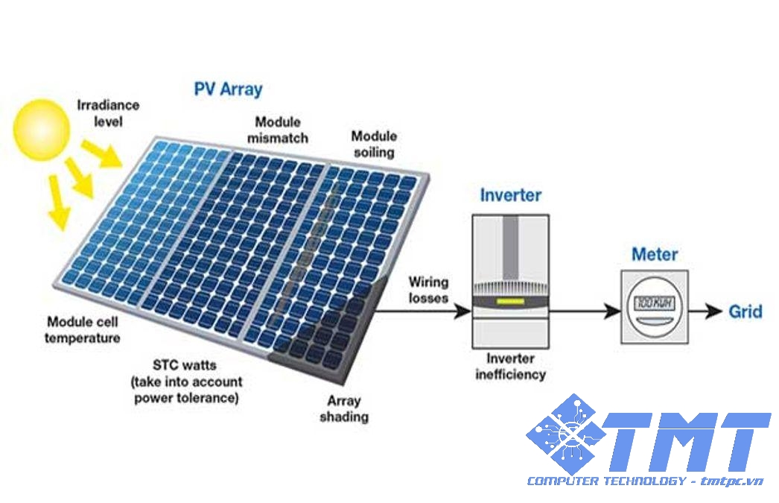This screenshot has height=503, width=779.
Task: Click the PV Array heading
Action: pos(228,89)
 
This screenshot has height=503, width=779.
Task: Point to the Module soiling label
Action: pos(374,144)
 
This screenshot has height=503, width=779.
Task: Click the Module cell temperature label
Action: pos(83,330)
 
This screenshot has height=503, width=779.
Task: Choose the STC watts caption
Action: pos(186,382)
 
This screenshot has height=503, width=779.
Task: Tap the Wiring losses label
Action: pos(428,290)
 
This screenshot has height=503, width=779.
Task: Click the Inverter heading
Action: pos(510,196)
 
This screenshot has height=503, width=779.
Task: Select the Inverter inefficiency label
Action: pos(510,366)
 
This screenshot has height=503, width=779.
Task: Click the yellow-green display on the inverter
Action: pos(510,303)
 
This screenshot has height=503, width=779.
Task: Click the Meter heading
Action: pos(655,254)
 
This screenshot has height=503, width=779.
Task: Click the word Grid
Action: pos(745,311)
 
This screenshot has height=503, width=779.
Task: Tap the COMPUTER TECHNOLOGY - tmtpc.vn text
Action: pos(645,481)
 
